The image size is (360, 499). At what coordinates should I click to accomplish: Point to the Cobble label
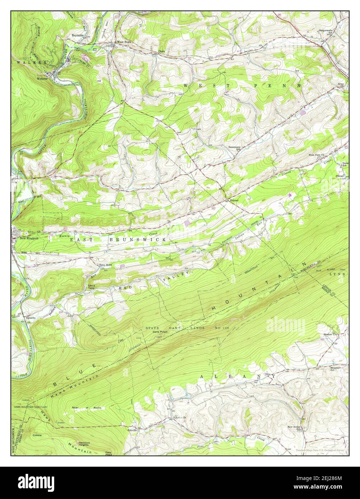(38, 435)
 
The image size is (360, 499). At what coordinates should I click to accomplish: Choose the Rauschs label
(30, 318)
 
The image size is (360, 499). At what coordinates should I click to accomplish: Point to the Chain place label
(162, 51)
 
